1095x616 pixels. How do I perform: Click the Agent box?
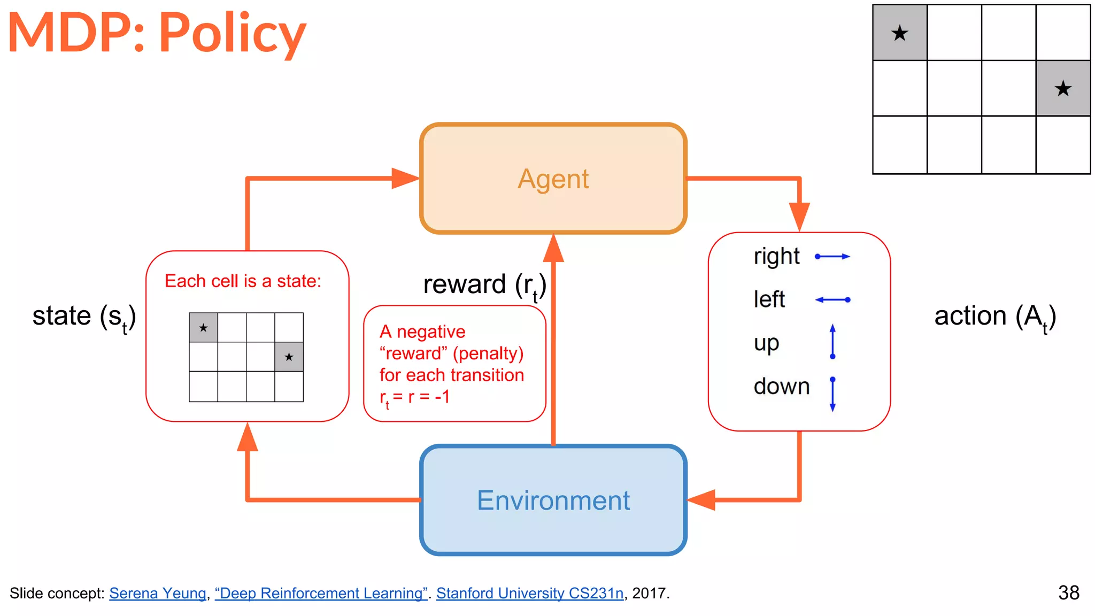[x=553, y=179]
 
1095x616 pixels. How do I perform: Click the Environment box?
[x=553, y=500]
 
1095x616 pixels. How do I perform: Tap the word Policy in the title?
[x=232, y=33]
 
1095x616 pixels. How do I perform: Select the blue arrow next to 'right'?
[x=832, y=257]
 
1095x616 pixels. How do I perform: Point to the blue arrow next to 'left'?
[x=832, y=300]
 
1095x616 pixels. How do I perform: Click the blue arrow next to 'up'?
[x=832, y=342]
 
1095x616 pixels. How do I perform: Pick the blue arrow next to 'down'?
[x=832, y=394]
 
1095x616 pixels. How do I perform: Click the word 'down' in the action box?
[x=781, y=386]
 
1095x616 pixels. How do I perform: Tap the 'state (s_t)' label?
[x=84, y=317]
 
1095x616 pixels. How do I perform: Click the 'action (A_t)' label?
[x=994, y=317]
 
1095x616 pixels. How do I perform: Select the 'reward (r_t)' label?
[x=484, y=285]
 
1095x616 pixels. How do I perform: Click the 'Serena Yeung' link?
[x=158, y=594]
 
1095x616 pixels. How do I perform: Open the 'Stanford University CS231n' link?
[x=529, y=594]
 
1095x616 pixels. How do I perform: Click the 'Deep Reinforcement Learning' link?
[x=321, y=594]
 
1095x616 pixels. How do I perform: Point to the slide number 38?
[x=1068, y=593]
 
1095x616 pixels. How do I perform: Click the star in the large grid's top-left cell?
[x=900, y=34]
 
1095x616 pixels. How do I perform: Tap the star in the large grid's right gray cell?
[x=1063, y=89]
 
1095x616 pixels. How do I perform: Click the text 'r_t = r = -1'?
[x=414, y=397]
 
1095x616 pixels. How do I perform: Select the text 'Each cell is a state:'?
[x=243, y=281]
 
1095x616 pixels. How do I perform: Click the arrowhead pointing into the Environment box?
[x=701, y=500]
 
